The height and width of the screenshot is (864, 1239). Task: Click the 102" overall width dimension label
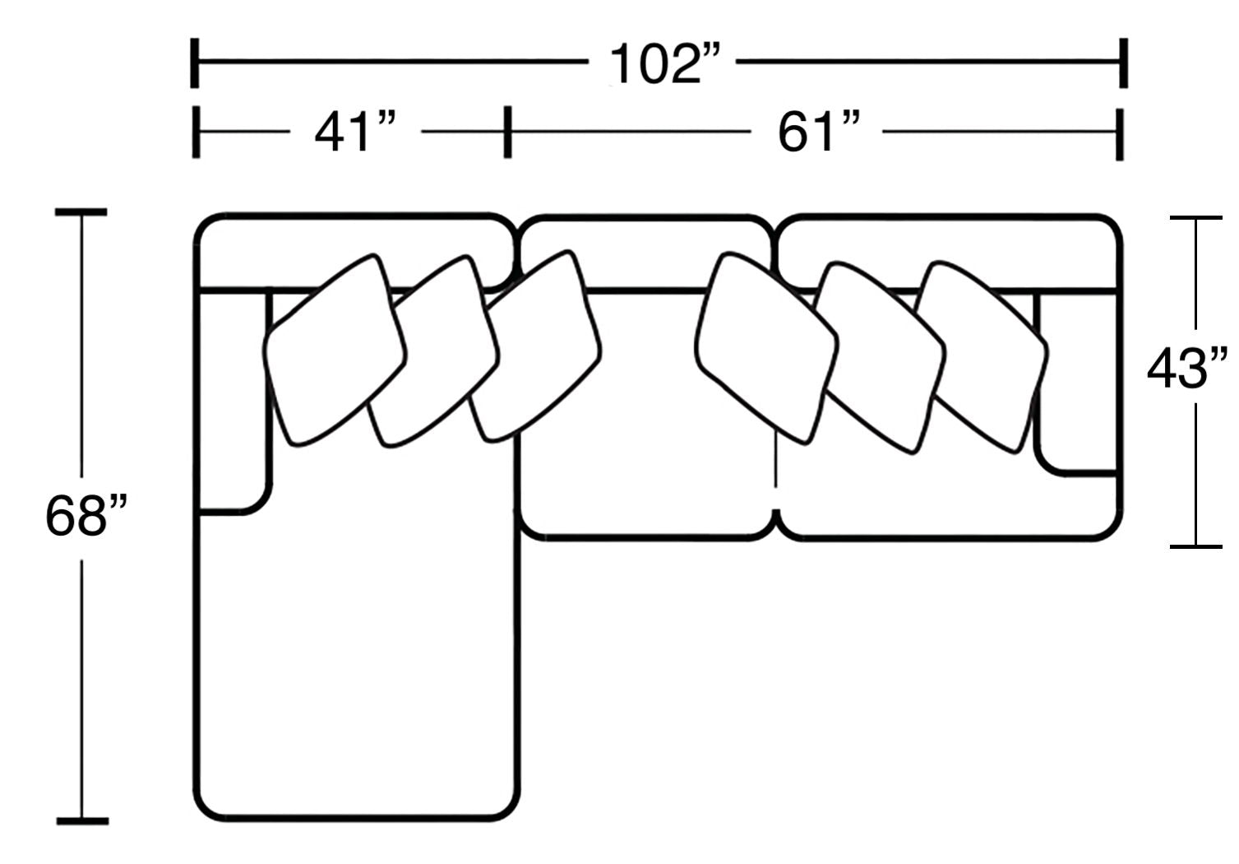tap(664, 64)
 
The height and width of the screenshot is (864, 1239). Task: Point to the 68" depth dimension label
tap(86, 516)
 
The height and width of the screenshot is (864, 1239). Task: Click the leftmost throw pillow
tap(335, 351)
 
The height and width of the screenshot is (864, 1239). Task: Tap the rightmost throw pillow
tap(982, 357)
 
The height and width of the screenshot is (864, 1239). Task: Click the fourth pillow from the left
tap(766, 348)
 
